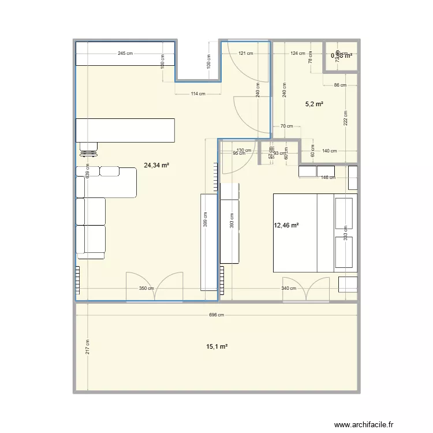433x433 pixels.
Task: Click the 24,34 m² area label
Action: (x=156, y=165)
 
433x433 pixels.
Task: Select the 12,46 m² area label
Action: (x=286, y=226)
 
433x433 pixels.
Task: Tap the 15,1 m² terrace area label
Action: (x=216, y=347)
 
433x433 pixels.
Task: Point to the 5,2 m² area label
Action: (x=313, y=104)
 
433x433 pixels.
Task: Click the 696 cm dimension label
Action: (x=216, y=315)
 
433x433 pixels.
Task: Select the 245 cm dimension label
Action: (x=125, y=54)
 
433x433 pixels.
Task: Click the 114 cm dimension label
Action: (x=198, y=94)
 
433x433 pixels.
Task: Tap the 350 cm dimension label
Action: (x=146, y=289)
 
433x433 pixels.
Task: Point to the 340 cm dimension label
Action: (x=289, y=289)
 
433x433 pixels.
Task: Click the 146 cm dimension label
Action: (x=328, y=178)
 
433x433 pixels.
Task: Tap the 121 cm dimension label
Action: (x=245, y=54)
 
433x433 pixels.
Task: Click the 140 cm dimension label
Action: (x=329, y=151)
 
